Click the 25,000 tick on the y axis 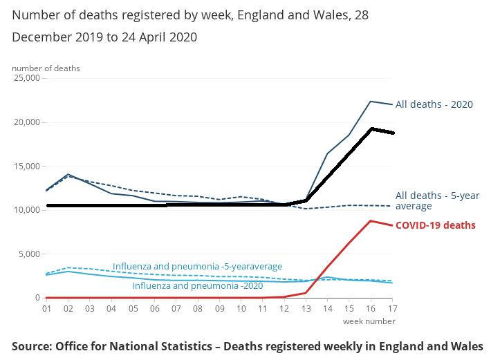click(x=27, y=78)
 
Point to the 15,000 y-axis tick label click(x=27, y=166)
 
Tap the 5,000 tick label click(x=30, y=254)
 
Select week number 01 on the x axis click(x=46, y=308)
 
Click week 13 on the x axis click(x=306, y=308)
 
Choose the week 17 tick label click(x=392, y=308)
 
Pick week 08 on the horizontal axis click(x=198, y=308)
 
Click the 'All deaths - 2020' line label click(x=434, y=104)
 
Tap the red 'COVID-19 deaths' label click(x=435, y=225)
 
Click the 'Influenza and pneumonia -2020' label click(x=197, y=285)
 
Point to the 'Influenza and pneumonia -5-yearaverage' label click(x=197, y=266)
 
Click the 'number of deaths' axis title click(x=46, y=68)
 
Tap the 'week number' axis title click(x=369, y=321)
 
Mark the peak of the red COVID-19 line click(x=371, y=221)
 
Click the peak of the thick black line click(x=371, y=129)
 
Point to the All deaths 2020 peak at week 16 click(x=371, y=102)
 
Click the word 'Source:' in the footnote click(x=31, y=345)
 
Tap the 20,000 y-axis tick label click(x=27, y=122)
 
